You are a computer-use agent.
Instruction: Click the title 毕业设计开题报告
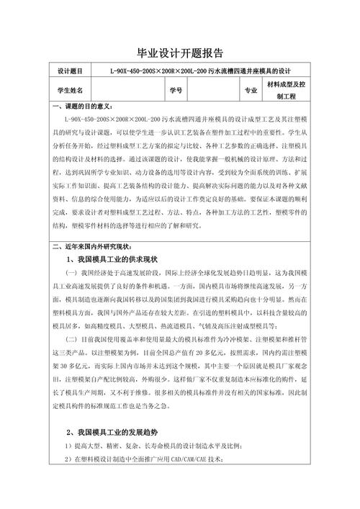click(180, 53)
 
